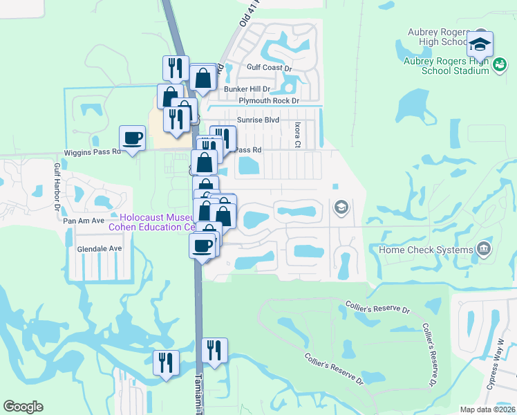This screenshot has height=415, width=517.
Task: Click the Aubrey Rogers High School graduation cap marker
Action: click(x=479, y=45)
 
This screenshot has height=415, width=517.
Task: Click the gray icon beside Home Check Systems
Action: click(x=484, y=249)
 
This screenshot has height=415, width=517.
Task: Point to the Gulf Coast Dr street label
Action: click(x=270, y=68)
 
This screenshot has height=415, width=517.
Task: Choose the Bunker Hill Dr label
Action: click(x=245, y=89)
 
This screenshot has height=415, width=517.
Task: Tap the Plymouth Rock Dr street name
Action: click(x=268, y=101)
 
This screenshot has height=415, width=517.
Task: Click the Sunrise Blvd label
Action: click(x=258, y=120)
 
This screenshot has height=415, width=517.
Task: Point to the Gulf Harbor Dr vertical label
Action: click(x=57, y=186)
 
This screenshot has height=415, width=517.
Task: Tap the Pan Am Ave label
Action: click(x=83, y=220)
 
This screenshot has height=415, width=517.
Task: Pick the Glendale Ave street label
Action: click(x=100, y=248)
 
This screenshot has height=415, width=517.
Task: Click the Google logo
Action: click(x=23, y=407)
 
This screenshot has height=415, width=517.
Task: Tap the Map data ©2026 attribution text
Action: click(x=487, y=409)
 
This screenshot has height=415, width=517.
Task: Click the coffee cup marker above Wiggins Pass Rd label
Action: click(x=132, y=138)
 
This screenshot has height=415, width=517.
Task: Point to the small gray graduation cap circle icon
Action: click(x=341, y=207)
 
